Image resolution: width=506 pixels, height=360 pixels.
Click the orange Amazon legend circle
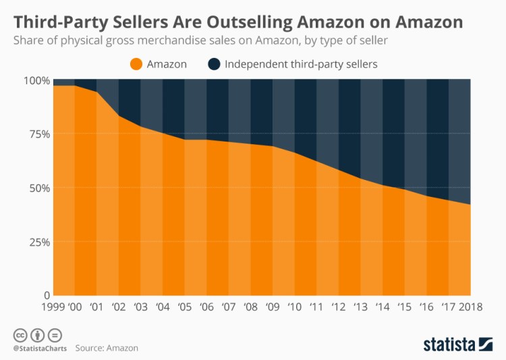point(136,64)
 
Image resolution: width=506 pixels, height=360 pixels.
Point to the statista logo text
point(447,344)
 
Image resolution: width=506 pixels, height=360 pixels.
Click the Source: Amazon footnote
point(107,349)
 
